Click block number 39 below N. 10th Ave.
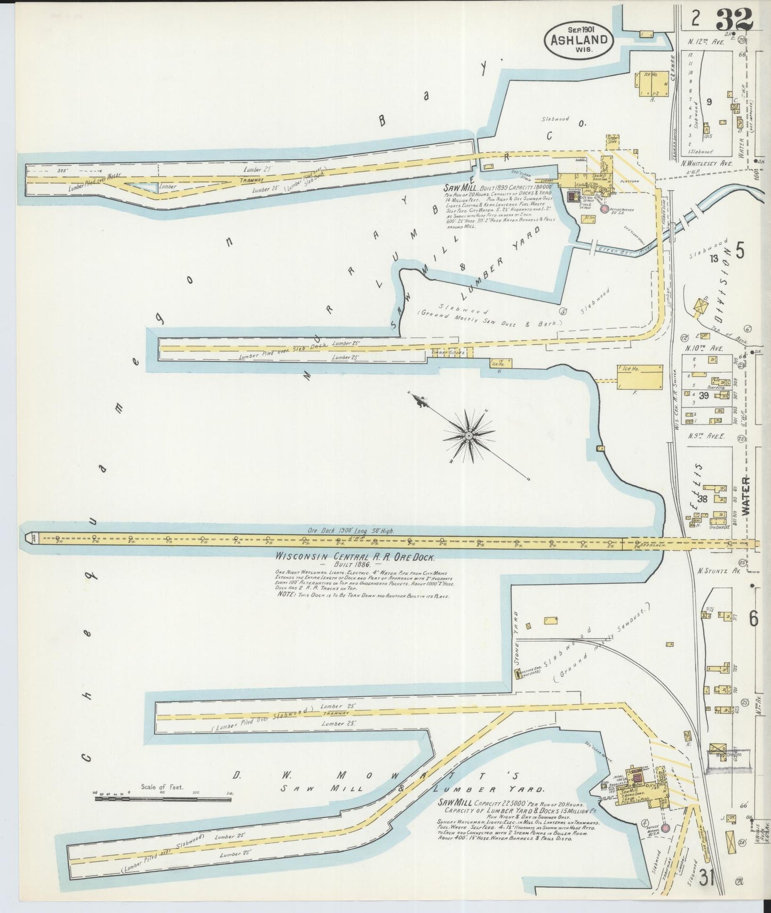click(704, 395)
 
